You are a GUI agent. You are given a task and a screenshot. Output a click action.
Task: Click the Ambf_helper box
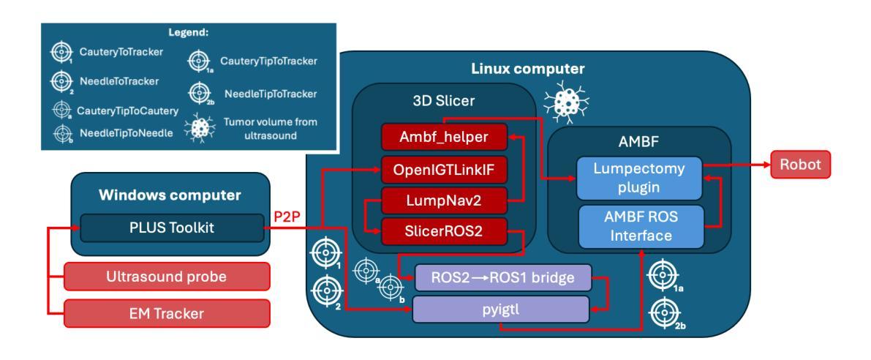coord(444,138)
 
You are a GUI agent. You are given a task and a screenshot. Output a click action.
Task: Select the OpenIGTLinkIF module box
coord(444,170)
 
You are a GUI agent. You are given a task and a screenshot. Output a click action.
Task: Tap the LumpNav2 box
coord(444,200)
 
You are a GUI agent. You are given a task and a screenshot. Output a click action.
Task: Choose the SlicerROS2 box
coord(444,232)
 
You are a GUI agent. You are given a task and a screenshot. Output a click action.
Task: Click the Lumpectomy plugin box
coord(639,178)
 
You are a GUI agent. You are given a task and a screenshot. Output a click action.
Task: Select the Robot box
coord(801,165)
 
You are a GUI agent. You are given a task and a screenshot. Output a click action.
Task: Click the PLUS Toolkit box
coord(172,228)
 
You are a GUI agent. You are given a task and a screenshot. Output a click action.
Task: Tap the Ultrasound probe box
coord(167,276)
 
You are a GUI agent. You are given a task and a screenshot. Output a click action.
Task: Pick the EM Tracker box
coord(167,313)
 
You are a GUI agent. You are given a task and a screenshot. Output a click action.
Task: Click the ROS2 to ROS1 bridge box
coord(503,277)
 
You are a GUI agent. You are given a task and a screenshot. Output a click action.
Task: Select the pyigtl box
coord(500,309)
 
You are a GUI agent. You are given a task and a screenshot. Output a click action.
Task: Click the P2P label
coord(287,217)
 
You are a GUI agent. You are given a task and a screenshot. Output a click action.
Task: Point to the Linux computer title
coord(528,69)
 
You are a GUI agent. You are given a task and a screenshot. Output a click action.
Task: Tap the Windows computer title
coord(170,195)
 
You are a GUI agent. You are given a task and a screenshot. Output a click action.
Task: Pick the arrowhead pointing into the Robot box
coord(766,165)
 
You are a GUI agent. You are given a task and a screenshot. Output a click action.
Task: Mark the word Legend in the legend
coord(188,32)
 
